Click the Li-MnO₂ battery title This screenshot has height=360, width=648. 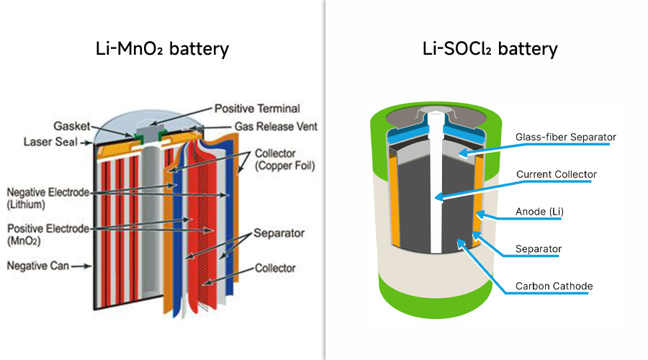click(x=162, y=50)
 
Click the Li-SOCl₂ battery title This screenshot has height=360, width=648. click(x=490, y=50)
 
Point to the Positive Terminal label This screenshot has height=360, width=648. click(x=257, y=109)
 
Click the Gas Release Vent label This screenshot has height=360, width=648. click(x=276, y=127)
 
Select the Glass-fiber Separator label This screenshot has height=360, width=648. click(x=566, y=137)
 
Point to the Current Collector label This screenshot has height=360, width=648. click(x=556, y=174)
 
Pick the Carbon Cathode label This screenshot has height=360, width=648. click(x=554, y=287)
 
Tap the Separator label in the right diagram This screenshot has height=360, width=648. click(x=538, y=249)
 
